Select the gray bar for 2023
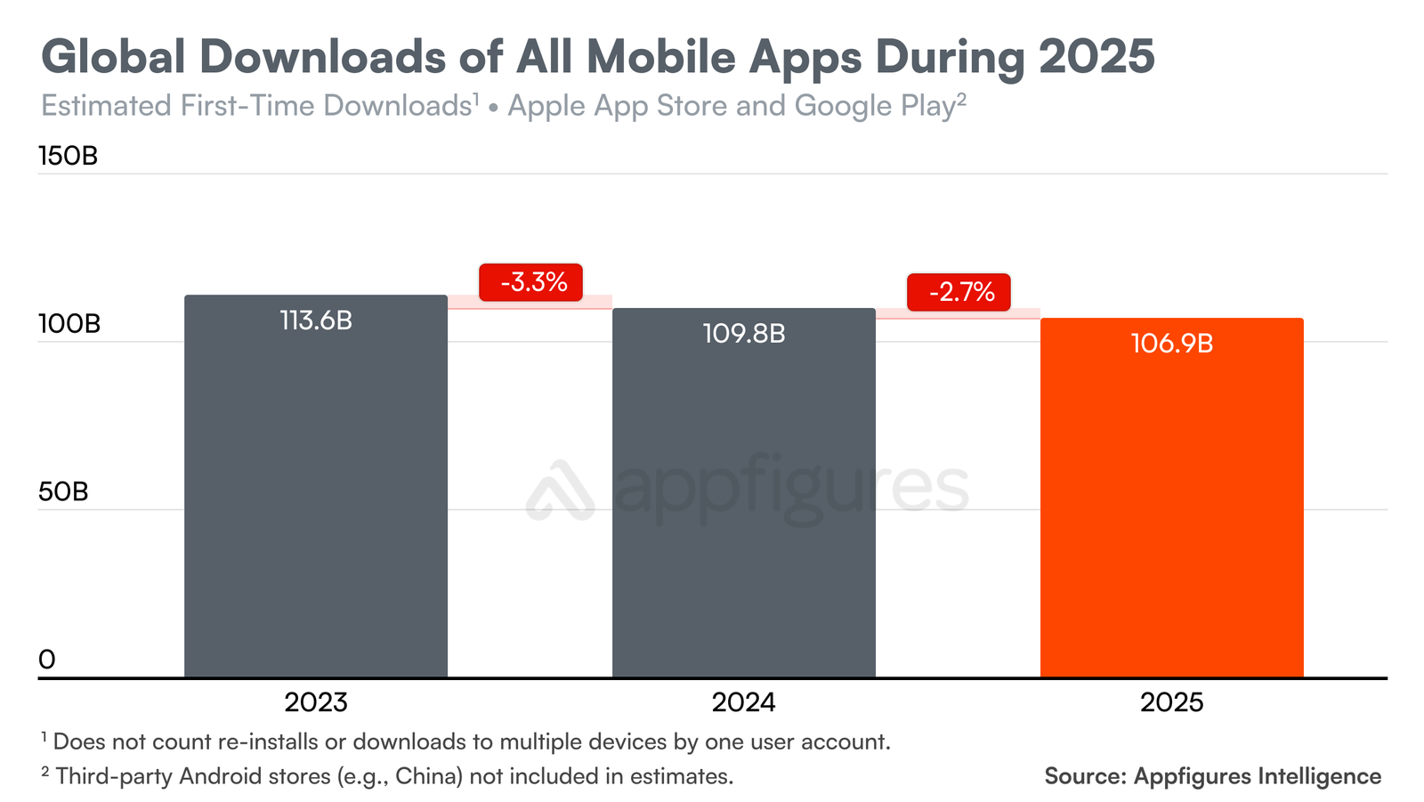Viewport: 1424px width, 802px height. (315, 498)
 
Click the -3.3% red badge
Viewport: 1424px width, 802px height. (531, 283)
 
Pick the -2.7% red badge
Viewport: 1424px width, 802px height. (959, 292)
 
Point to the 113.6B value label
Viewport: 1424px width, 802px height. (316, 320)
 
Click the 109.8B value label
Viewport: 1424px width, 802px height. (743, 334)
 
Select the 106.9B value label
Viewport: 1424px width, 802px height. (1171, 344)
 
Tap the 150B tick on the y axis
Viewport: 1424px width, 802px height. (68, 157)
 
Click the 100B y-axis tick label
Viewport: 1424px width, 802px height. (69, 324)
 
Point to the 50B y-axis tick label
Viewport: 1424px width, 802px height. (62, 492)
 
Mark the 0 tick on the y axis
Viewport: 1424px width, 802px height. (47, 660)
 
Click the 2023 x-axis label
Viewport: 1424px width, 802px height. (316, 702)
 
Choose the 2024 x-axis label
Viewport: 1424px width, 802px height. (743, 702)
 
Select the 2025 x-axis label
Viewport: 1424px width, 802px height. (1171, 702)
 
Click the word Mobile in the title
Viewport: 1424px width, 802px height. (660, 57)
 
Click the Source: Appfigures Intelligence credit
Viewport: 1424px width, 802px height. (1212, 776)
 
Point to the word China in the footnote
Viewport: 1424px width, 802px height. (427, 776)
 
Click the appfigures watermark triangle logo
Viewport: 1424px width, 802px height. (559, 491)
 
